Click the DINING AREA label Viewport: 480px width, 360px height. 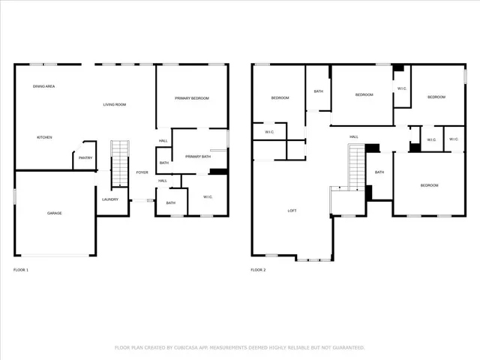(43, 87)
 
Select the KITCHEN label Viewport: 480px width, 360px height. (45, 137)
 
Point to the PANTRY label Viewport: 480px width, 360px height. (85, 157)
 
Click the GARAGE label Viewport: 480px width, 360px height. (55, 213)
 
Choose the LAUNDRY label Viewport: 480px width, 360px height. (110, 199)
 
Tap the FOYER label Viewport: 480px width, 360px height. (142, 172)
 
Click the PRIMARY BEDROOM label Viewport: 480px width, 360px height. (191, 98)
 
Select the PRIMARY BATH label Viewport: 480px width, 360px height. (198, 156)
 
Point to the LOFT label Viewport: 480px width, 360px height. (292, 211)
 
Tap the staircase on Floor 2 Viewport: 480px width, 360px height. (355, 168)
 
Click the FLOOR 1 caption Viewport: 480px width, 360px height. (21, 269)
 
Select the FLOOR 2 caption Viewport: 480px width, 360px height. (258, 269)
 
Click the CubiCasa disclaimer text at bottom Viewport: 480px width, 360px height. (239, 347)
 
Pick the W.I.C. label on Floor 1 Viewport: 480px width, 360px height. (206, 197)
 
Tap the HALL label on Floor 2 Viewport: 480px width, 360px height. (353, 136)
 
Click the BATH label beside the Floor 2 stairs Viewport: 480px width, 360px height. (379, 172)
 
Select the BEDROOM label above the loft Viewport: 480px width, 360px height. (280, 98)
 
